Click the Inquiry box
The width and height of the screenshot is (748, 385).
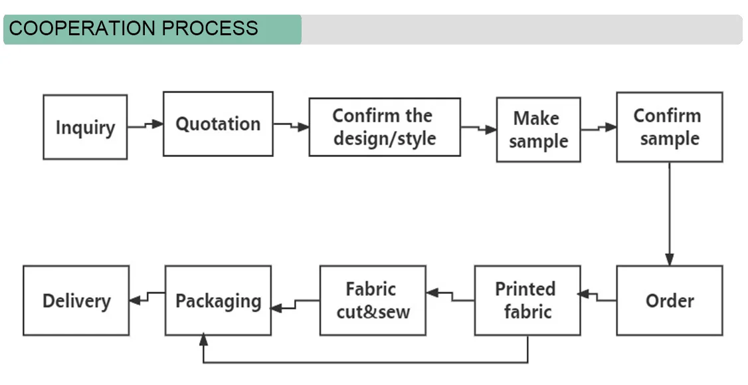click(x=85, y=127)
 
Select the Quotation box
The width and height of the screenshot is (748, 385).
click(x=218, y=124)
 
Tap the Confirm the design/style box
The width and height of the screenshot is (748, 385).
click(x=384, y=127)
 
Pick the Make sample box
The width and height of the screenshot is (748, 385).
click(x=538, y=130)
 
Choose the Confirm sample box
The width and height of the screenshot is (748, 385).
click(x=669, y=127)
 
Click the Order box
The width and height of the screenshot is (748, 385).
click(x=669, y=301)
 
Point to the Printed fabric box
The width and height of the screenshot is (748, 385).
click(x=527, y=301)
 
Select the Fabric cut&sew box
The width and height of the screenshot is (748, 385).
click(x=373, y=301)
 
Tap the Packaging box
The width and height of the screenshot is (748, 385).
click(x=218, y=301)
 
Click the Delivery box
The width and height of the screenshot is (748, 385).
click(x=76, y=301)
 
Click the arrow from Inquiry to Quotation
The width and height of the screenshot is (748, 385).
click(x=145, y=125)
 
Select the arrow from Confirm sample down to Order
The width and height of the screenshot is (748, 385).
click(x=670, y=213)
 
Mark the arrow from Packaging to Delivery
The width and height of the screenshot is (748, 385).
click(x=147, y=297)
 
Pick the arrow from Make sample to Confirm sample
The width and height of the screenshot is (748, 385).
click(x=599, y=128)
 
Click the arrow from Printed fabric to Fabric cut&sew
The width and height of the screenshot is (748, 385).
click(x=450, y=296)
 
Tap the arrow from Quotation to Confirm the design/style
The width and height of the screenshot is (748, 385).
click(x=291, y=126)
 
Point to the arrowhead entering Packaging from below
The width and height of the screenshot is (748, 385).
click(x=203, y=340)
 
